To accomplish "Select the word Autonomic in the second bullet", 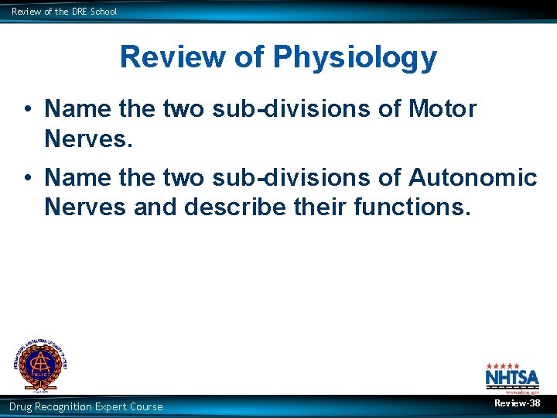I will click(472, 177).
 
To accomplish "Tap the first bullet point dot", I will click(27, 110).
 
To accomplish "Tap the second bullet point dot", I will click(27, 178).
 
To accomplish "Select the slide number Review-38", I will click(518, 403).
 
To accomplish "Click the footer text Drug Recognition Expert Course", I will click(86, 406).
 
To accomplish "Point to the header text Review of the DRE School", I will click(64, 12).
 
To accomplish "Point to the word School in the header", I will click(103, 12).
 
